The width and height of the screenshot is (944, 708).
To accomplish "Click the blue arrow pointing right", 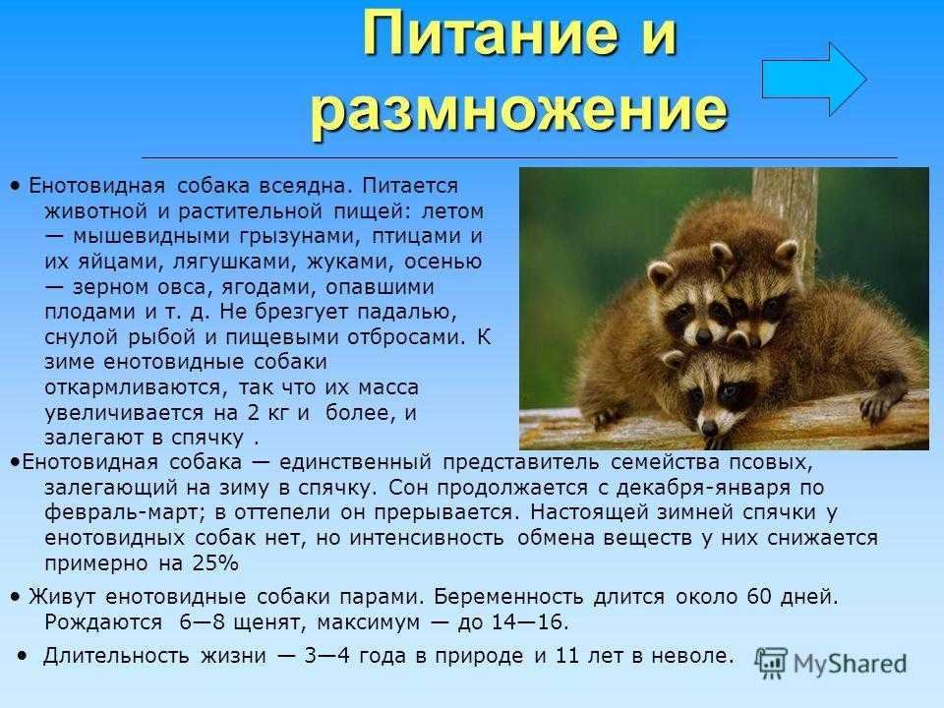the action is coord(814,79).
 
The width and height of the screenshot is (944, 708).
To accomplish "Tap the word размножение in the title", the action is coord(518,109).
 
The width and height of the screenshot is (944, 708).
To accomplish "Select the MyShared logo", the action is coord(831,664).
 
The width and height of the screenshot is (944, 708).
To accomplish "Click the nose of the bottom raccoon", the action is coord(710,428).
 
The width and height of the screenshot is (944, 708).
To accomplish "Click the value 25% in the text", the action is coord(215,562).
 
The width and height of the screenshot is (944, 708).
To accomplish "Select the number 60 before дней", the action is coord(759,596).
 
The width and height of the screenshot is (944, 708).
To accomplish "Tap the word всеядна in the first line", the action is coord(304,186).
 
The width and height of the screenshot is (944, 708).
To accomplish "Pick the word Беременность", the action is coord(508,597).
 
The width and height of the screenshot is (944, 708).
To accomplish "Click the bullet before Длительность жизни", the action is coord(23,655).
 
